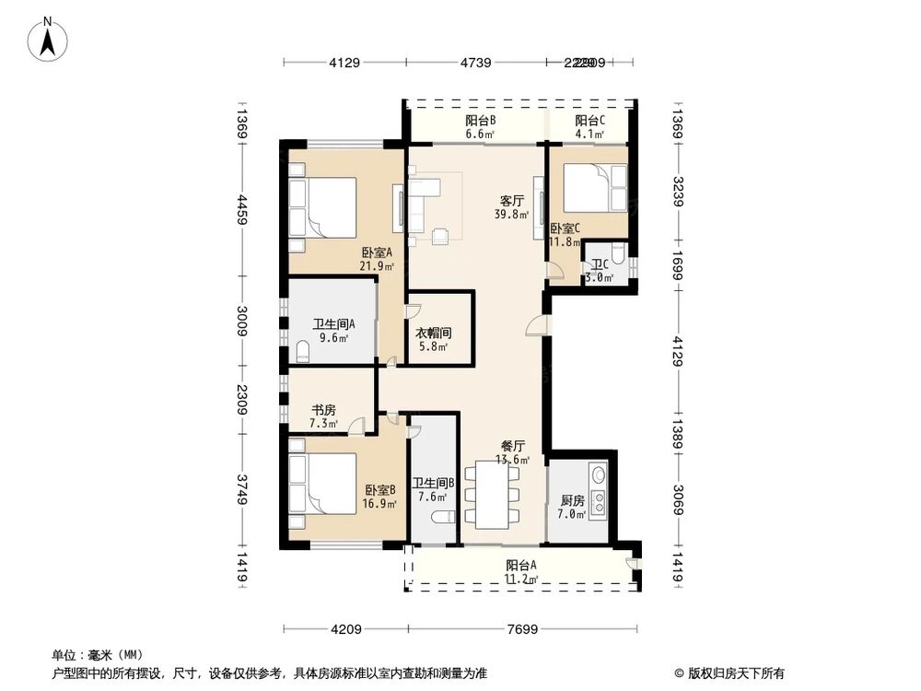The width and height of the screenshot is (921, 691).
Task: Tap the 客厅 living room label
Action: coord(512,200)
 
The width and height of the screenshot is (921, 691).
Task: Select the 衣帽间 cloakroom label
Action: coord(430,333)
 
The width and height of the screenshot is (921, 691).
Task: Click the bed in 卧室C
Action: coord(594,189)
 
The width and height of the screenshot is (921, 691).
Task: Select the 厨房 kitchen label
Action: coord(572,501)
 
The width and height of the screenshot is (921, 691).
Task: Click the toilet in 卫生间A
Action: coord(303,351)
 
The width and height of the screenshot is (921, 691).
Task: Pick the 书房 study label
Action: coord(323,410)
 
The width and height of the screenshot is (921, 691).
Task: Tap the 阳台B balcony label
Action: coord(481,121)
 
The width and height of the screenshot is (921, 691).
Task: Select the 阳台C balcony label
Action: coord(589,121)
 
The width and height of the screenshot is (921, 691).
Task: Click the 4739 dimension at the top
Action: coord(475,63)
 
